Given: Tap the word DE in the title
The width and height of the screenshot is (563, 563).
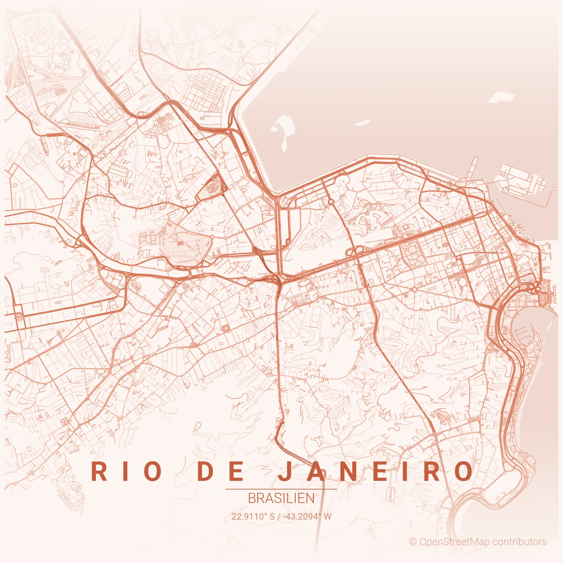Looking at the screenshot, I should pyautogui.click(x=221, y=472).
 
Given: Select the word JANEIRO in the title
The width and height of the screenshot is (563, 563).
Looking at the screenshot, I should pyautogui.click(x=375, y=472).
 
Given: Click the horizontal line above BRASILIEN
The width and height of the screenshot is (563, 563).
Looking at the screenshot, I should pyautogui.click(x=281, y=489).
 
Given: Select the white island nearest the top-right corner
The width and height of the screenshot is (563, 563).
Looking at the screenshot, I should pyautogui.click(x=501, y=97).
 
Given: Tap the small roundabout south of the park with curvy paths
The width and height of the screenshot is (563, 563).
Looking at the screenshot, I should pyautogui.click(x=414, y=289).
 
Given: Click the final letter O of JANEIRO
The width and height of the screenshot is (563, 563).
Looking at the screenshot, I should pyautogui.click(x=464, y=472).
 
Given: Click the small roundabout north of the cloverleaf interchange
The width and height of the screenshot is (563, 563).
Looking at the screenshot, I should pyautogui.click(x=331, y=202).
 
